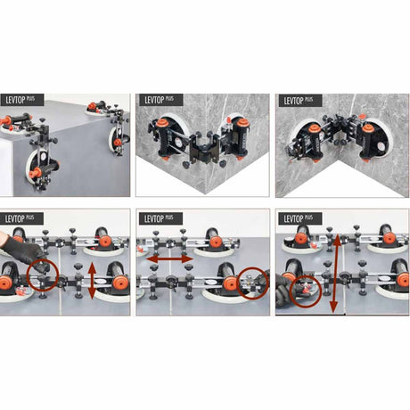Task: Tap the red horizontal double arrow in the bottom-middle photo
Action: tap(169, 259)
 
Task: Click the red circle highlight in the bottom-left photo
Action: tap(42, 275)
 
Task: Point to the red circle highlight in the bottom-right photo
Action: tap(306, 292)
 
